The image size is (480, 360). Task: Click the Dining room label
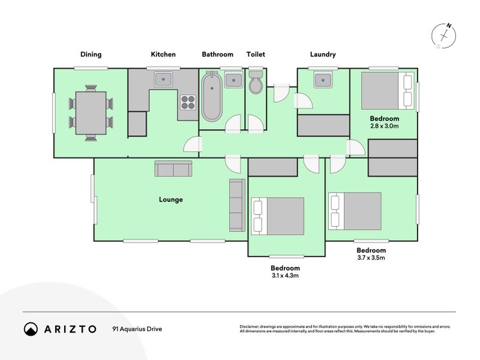[91, 55]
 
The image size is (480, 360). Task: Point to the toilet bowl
[256, 83]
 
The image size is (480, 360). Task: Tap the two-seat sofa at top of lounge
[173, 169]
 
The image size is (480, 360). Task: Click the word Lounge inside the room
[171, 200]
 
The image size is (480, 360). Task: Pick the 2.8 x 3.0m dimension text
[385, 126]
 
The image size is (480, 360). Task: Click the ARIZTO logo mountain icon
[31, 329]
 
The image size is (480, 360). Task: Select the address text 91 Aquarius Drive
[137, 329]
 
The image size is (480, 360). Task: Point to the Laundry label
[323, 55]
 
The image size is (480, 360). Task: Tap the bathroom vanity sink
[233, 80]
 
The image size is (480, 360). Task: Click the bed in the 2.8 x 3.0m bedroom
[388, 91]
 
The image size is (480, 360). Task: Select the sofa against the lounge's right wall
[237, 205]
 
